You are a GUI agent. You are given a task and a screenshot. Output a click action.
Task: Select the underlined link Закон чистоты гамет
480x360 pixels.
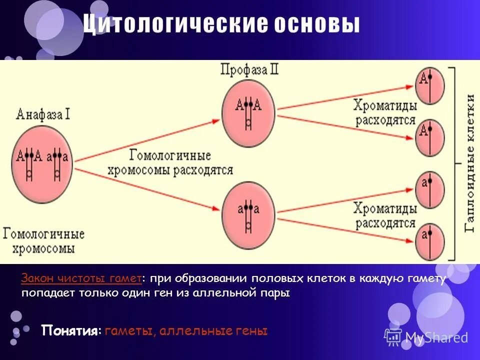coord(81,279)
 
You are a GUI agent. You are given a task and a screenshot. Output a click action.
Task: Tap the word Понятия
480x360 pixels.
coord(70,330)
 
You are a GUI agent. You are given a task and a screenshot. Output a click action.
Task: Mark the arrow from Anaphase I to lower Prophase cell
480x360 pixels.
coord(150,188)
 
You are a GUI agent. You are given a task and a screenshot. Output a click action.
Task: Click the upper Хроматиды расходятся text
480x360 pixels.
coord(385,112)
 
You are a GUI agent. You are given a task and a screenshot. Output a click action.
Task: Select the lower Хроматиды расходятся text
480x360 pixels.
coord(385,215)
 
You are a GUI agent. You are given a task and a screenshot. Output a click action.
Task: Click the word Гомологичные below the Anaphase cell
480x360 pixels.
coord(44,234)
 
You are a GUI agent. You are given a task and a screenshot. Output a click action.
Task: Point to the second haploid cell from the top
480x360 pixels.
coord(430,136)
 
